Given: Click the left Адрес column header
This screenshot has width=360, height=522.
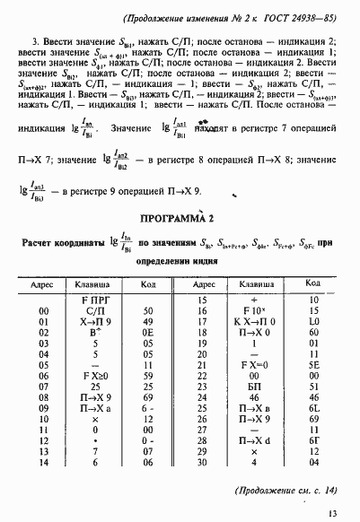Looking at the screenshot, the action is (43, 283).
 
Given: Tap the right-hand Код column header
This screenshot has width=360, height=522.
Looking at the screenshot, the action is (314, 283).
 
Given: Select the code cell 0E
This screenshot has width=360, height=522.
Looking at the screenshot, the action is (145, 331).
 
